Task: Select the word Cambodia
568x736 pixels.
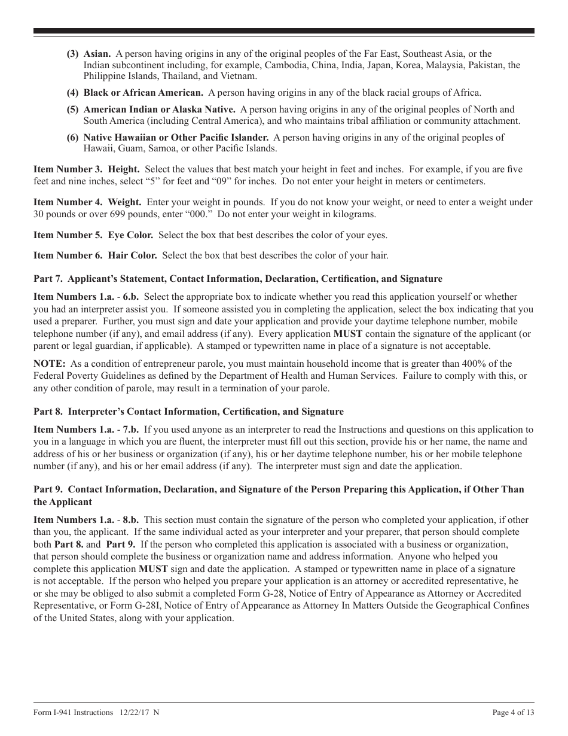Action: [x=284, y=65]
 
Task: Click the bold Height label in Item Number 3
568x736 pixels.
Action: [x=124, y=170]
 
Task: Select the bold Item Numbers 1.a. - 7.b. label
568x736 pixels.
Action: [x=86, y=430]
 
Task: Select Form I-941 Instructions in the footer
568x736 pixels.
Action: [x=74, y=713]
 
